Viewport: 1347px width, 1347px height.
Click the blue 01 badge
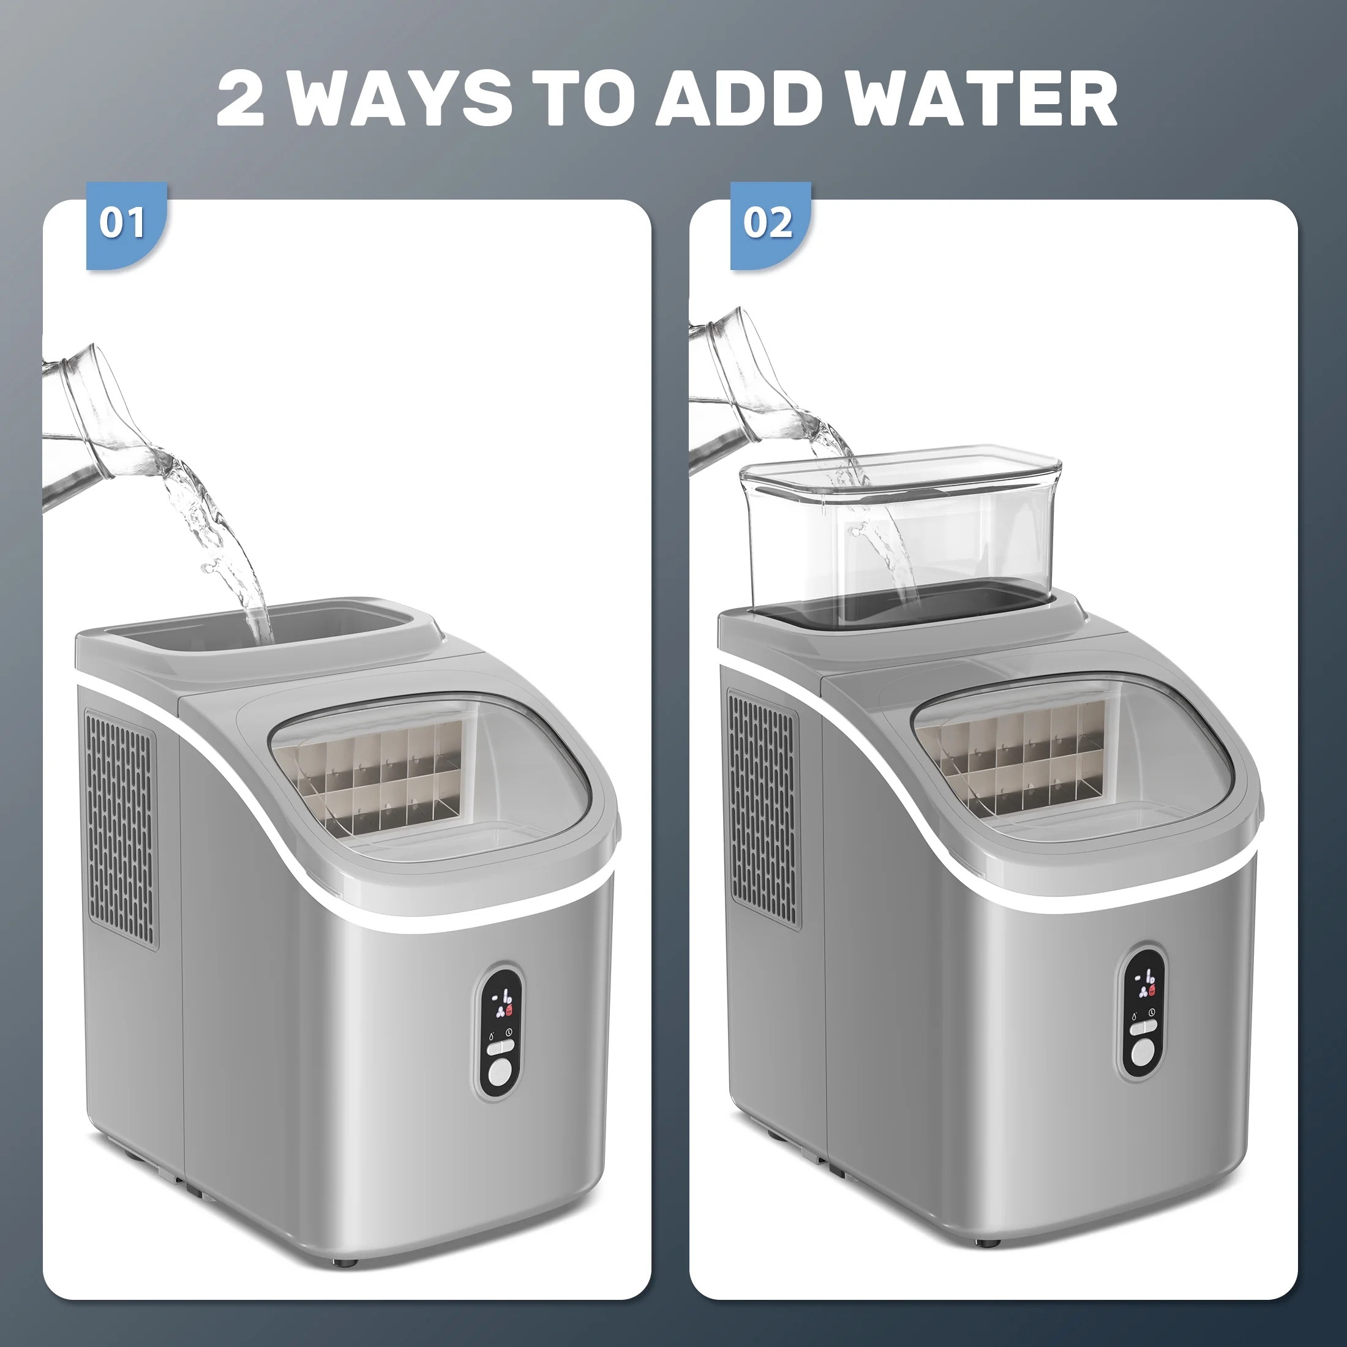[126, 225]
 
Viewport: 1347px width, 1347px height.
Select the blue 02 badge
[770, 225]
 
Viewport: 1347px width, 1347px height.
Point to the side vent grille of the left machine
[121, 829]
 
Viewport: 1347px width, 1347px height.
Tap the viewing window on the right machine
[1075, 757]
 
